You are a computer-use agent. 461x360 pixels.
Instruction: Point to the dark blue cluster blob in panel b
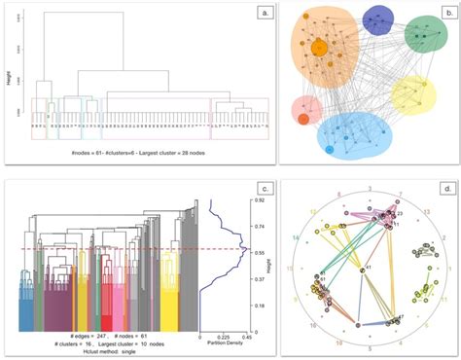tap(380, 19)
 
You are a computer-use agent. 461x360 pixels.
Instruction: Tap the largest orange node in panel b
tap(318, 46)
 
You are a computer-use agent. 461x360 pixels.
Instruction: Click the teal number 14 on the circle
tap(294, 236)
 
